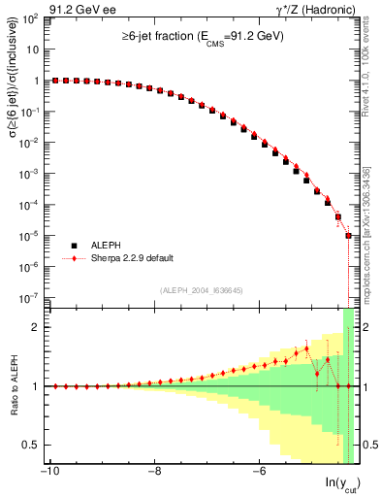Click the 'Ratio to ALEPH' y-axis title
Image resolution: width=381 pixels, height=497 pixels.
pos(12,385)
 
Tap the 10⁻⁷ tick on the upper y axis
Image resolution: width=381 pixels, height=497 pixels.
pos(31,297)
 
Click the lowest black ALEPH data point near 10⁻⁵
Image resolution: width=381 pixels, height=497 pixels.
pos(349,235)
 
